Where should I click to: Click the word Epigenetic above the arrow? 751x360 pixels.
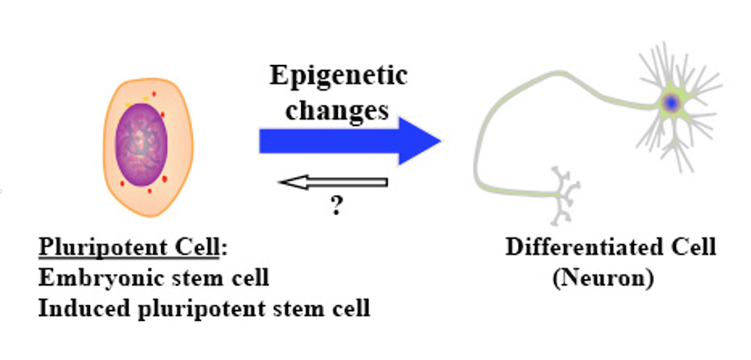click(338, 77)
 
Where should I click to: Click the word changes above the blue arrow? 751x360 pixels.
click(337, 110)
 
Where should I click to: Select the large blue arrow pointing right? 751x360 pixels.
click(344, 141)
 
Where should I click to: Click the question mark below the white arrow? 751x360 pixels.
click(336, 207)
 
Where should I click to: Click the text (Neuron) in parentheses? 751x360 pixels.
click(602, 279)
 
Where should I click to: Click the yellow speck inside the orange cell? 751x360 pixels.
click(148, 99)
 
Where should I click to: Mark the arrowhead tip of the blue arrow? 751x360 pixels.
click(440, 141)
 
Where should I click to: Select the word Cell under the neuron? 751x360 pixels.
click(692, 248)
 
